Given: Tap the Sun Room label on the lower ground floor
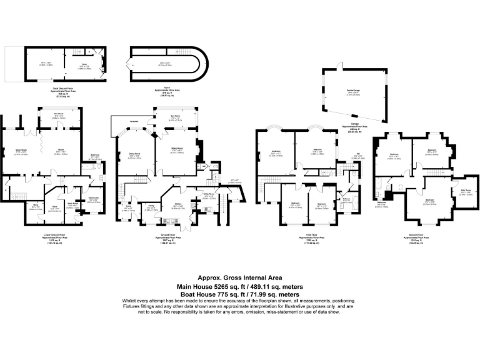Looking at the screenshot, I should tap(59, 114).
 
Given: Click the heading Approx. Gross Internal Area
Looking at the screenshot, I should tap(239, 277).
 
